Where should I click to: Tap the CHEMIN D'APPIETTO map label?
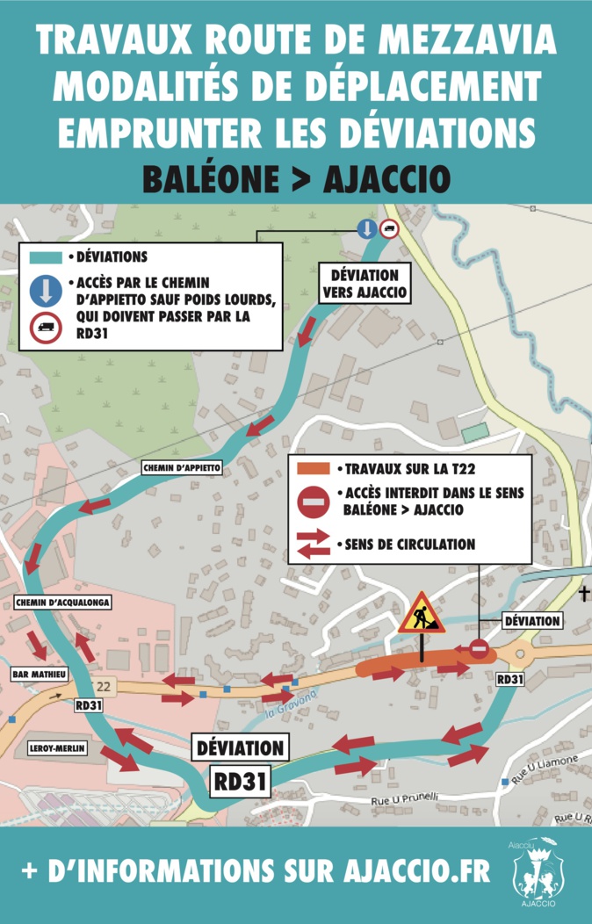(x=182, y=468)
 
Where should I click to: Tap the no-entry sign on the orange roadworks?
(x=479, y=648)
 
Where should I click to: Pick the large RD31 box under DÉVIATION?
(x=240, y=780)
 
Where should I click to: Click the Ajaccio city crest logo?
(x=536, y=874)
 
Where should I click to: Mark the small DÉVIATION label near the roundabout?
(x=531, y=621)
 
